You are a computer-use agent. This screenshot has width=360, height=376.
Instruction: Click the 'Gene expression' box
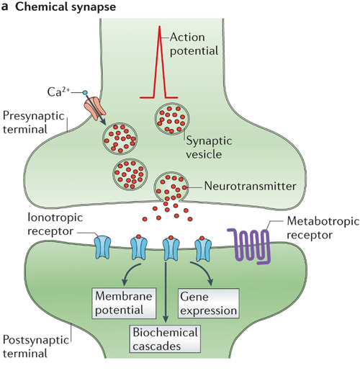(209, 303)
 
